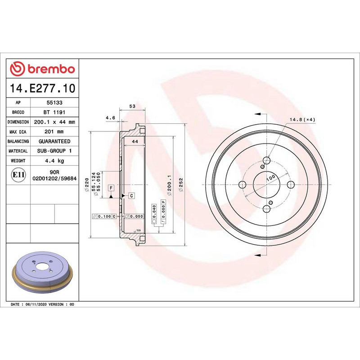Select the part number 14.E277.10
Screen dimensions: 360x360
(x=42, y=88)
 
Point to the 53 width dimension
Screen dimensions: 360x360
(x=132, y=106)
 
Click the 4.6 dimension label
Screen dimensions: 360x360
(x=110, y=118)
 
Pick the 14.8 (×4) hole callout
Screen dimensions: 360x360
(x=302, y=119)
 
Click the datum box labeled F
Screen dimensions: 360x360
(x=110, y=187)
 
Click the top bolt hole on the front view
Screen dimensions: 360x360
(x=266, y=160)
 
